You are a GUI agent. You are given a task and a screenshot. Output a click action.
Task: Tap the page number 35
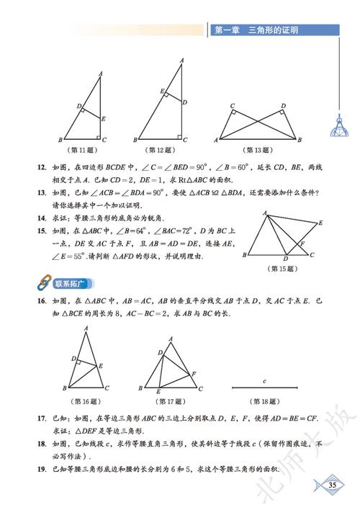point(332,483)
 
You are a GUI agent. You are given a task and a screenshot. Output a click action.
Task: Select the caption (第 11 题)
point(81,150)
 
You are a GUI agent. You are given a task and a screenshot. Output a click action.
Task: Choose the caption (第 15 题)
point(282,268)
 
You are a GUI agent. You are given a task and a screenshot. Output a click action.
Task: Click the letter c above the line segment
point(264,380)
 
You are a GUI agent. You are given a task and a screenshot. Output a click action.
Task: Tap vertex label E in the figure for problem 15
point(320,223)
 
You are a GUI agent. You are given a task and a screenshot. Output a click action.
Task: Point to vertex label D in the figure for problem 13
point(284,105)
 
